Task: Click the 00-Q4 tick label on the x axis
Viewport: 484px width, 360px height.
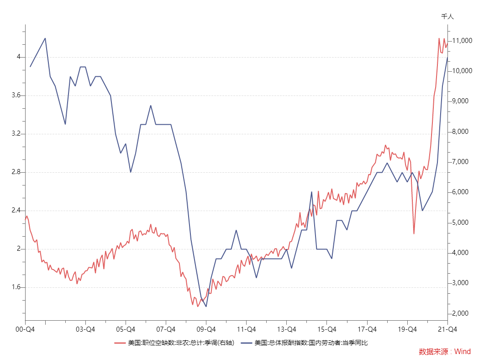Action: [x=25, y=329]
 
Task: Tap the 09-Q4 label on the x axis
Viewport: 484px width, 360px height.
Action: [x=206, y=329]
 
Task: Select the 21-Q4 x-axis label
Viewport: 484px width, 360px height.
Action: [x=447, y=329]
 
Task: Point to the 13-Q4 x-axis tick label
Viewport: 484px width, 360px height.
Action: [x=286, y=329]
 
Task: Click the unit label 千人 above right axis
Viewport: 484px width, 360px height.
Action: [x=447, y=16]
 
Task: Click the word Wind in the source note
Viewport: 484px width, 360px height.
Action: [x=462, y=351]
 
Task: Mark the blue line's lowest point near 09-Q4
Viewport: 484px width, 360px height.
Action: [x=206, y=307]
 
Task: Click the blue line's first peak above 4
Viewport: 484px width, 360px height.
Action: [x=45, y=38]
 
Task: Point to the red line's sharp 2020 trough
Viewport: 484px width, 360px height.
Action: [x=414, y=234]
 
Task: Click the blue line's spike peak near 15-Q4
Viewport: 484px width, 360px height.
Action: [x=311, y=192]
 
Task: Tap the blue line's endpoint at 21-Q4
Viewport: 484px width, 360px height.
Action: [x=447, y=57]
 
